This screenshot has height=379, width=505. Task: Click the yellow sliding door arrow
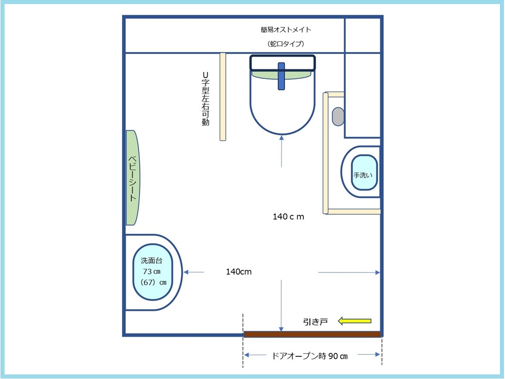[355, 321]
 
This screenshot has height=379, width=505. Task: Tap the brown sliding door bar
[313, 334]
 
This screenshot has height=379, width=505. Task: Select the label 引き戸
[315, 321]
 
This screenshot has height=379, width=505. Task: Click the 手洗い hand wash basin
[364, 172]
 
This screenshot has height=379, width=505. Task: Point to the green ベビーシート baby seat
[132, 177]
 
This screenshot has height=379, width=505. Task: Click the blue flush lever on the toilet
[281, 76]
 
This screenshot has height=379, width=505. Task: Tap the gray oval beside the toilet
[338, 116]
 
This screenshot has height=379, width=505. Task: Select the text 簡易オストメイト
[286, 30]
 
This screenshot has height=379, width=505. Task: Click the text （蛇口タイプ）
[286, 44]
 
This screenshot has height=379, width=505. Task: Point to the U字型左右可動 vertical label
[206, 99]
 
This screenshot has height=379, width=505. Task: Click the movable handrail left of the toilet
[223, 97]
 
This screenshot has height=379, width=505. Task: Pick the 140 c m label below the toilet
[288, 217]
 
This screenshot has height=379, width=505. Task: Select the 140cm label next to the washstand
[239, 272]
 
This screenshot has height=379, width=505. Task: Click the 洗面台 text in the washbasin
[151, 260]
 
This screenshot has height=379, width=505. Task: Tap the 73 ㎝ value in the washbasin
[151, 271]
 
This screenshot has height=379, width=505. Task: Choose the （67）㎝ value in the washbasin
[154, 282]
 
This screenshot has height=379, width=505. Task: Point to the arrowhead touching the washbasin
[186, 272]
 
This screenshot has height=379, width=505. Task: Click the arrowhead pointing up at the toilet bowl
[281, 137]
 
